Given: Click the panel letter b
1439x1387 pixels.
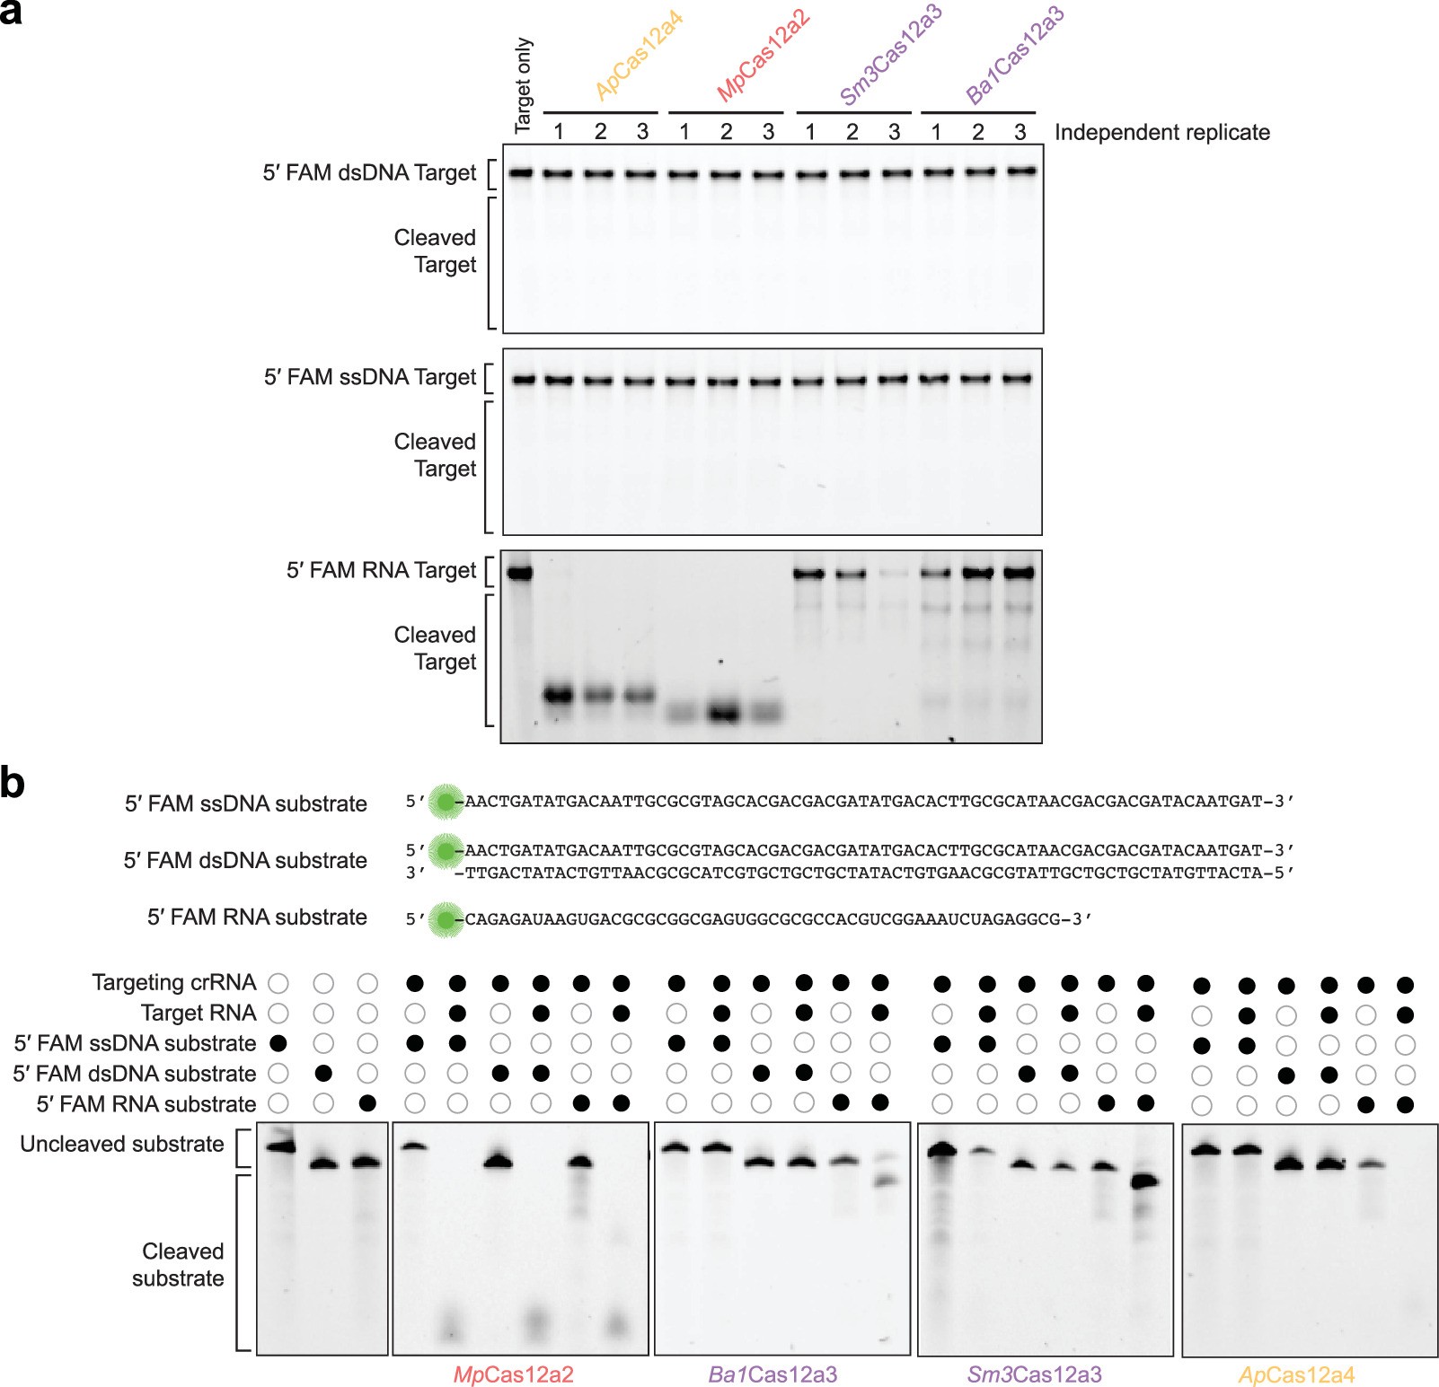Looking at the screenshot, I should click(x=13, y=783).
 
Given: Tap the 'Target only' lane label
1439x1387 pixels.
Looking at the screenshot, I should click(x=523, y=86).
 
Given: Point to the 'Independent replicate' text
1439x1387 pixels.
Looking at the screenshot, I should click(x=1161, y=133).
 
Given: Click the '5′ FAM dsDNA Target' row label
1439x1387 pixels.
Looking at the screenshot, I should click(x=369, y=172).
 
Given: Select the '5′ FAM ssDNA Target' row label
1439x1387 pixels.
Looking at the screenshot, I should click(x=369, y=377).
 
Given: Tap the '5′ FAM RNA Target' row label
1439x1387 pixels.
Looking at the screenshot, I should click(x=381, y=570).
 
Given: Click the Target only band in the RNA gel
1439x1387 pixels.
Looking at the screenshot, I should click(x=519, y=573).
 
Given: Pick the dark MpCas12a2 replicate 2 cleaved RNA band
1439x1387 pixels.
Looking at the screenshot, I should click(x=725, y=714).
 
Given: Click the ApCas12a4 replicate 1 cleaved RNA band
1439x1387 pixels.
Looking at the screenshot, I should click(x=559, y=694).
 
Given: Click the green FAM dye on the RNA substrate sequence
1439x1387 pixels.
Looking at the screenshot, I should click(x=445, y=919).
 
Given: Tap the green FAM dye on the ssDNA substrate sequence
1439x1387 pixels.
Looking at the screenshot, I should click(x=445, y=802).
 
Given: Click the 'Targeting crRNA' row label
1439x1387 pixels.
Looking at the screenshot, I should click(x=173, y=983).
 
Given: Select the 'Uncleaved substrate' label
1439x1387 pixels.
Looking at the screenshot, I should click(x=122, y=1145).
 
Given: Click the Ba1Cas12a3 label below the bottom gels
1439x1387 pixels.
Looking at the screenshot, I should click(x=772, y=1374).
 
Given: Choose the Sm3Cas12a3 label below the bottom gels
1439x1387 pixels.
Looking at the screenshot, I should click(x=1034, y=1374).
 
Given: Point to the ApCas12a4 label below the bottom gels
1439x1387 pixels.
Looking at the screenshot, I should click(x=1296, y=1374).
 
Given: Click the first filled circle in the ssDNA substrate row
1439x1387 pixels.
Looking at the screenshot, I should click(x=278, y=1043).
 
